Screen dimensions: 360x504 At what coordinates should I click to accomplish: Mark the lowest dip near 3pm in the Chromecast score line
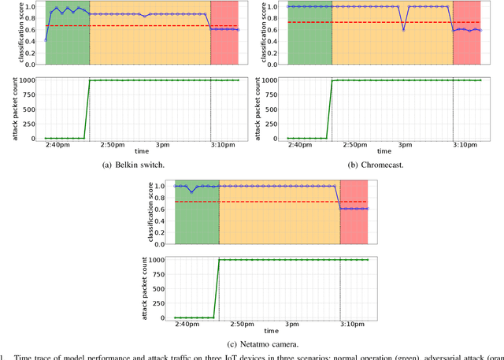tap(404, 30)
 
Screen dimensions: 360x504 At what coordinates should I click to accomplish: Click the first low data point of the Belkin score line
tap(46, 39)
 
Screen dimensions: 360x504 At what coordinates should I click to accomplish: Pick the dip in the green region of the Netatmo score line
tap(191, 192)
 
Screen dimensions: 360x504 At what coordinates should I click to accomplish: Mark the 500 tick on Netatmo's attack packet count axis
tap(161, 288)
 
